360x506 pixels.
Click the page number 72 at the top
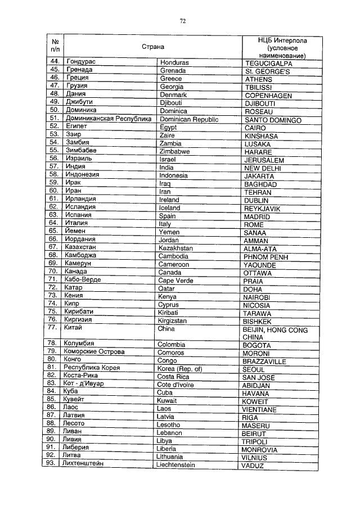click(x=183, y=21)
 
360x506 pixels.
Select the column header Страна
click(x=152, y=49)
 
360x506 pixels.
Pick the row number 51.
click(x=55, y=119)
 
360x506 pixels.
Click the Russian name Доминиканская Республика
click(x=109, y=119)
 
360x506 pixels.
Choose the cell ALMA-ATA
click(x=260, y=249)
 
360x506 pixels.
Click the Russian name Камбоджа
click(x=82, y=256)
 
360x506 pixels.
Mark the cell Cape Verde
click(x=175, y=281)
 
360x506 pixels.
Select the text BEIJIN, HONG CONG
click(x=275, y=329)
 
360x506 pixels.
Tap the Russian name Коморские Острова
click(x=94, y=352)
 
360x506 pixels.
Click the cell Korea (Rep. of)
click(x=179, y=369)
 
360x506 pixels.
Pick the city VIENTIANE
click(x=261, y=410)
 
